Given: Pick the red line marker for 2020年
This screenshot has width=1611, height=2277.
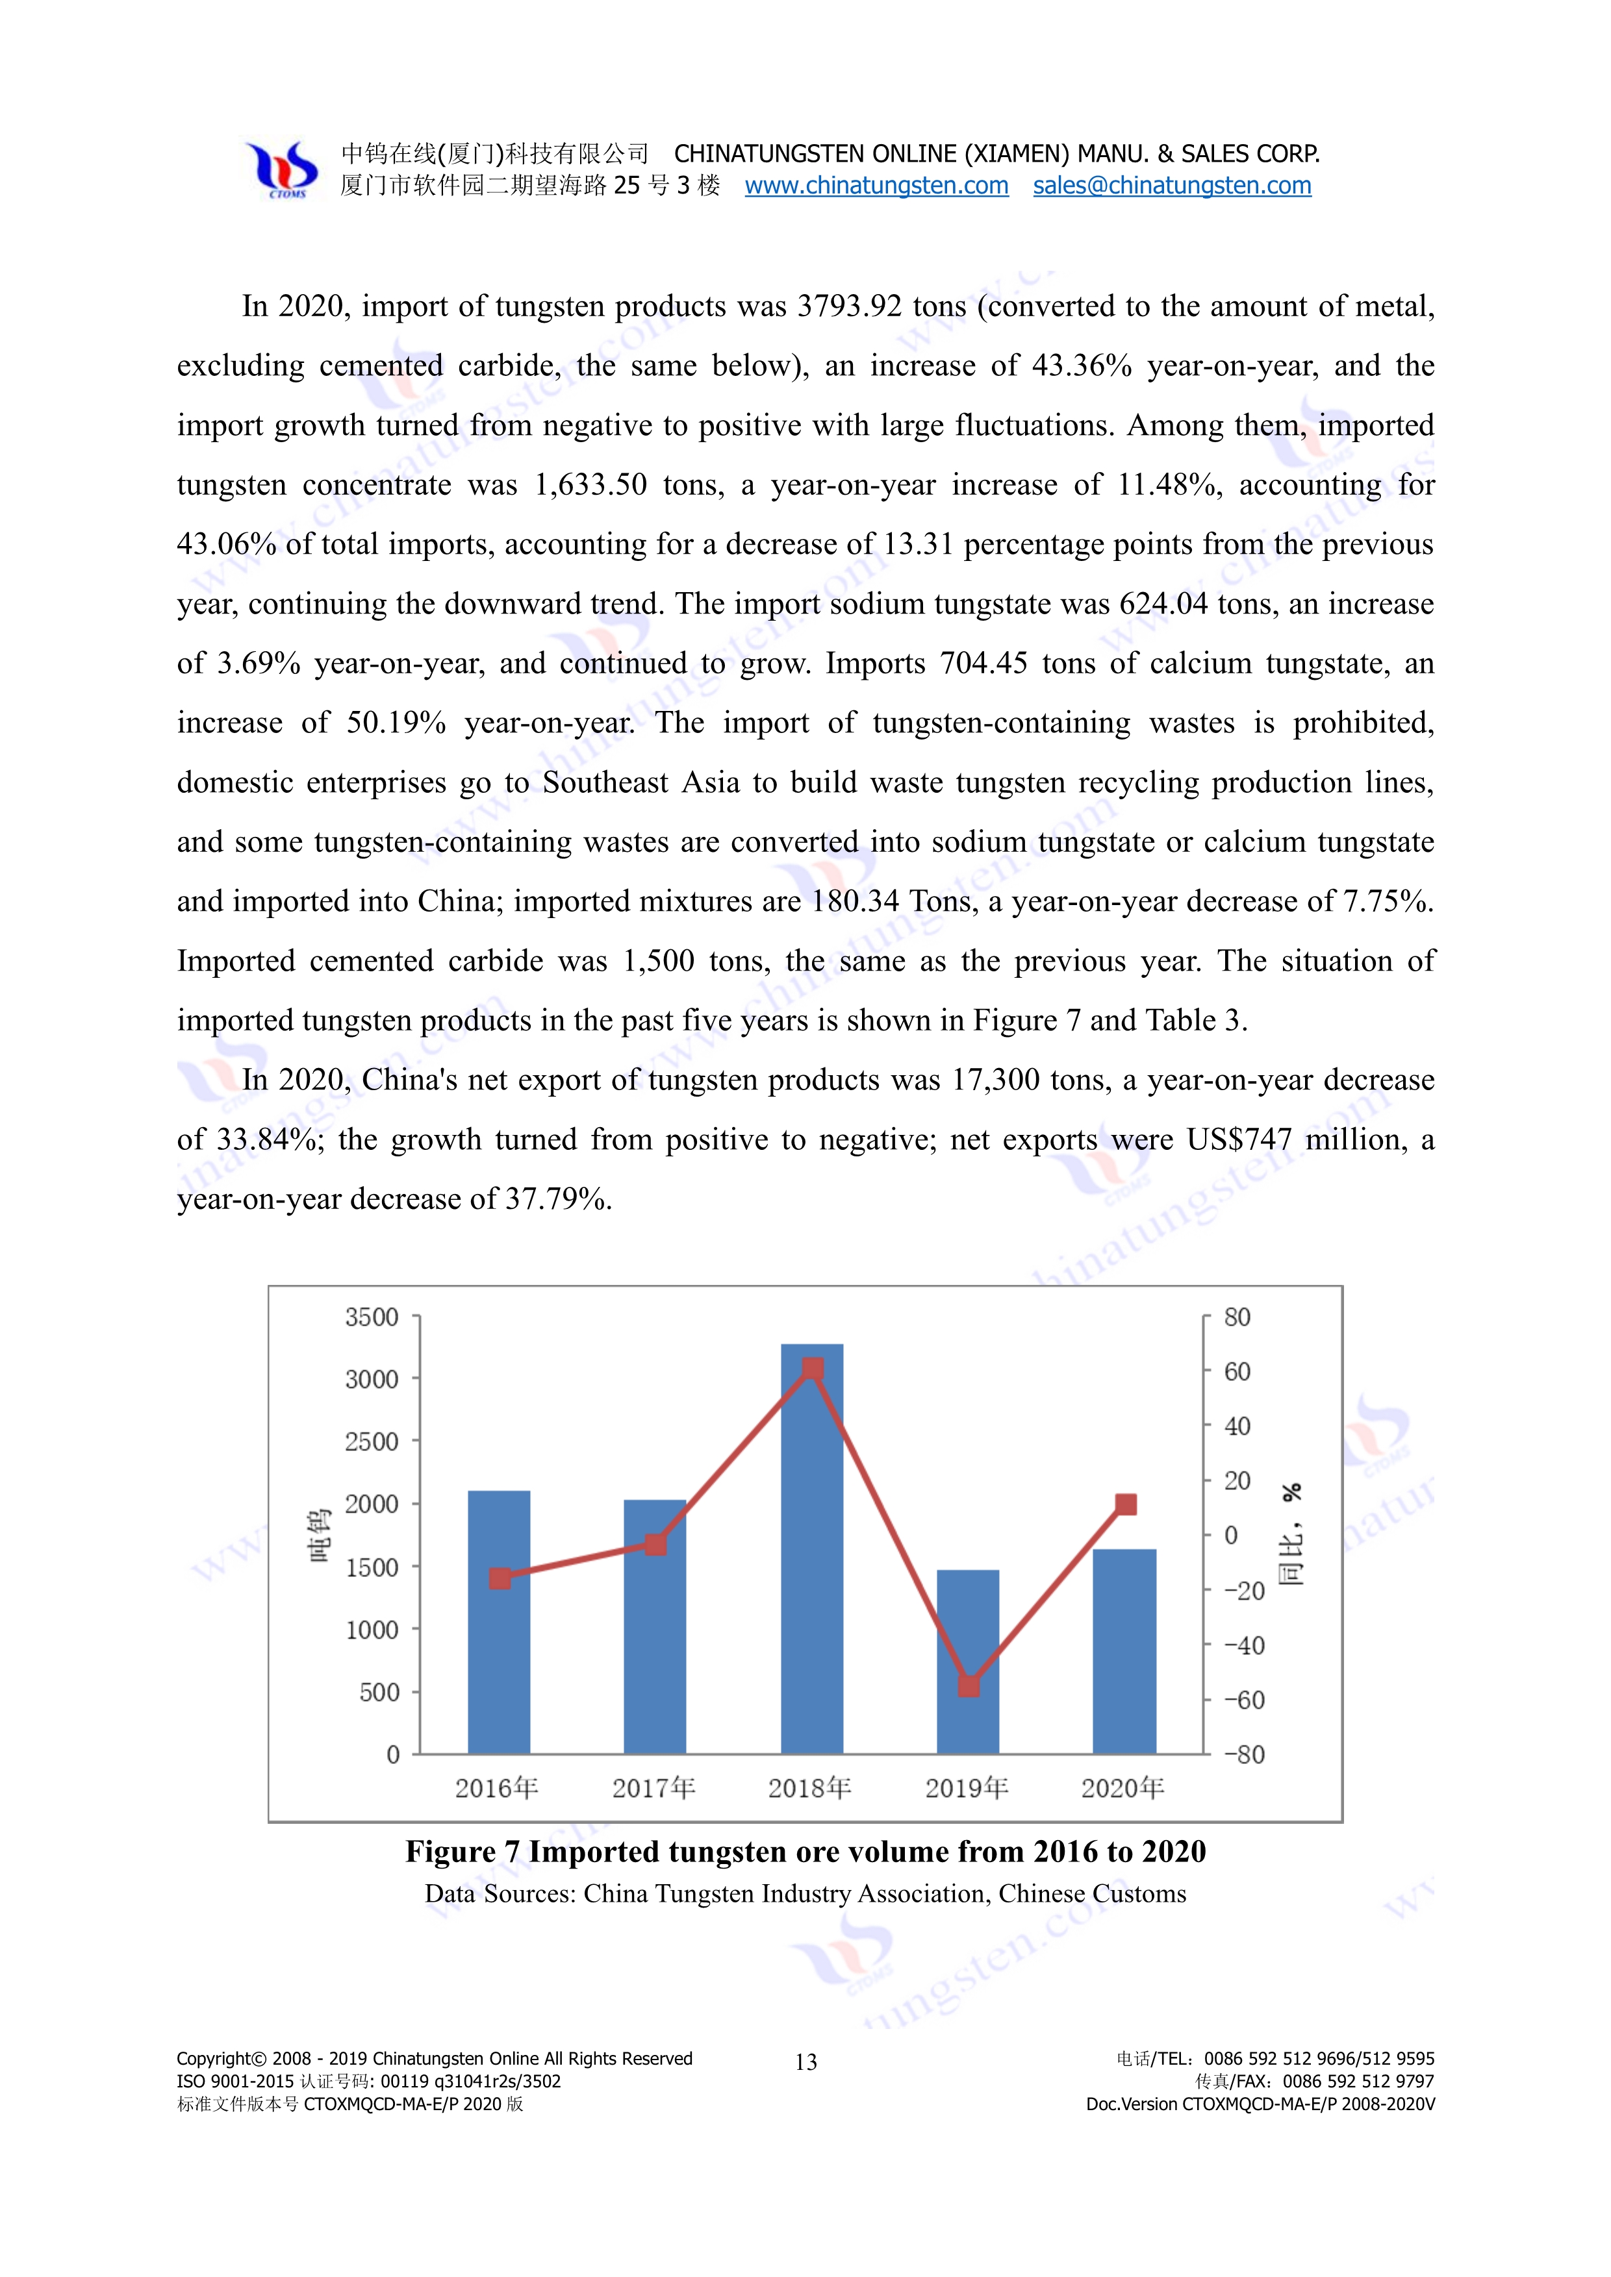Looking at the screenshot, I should [x=1125, y=1504].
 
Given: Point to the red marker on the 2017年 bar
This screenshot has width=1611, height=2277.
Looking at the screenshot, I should [x=655, y=1544].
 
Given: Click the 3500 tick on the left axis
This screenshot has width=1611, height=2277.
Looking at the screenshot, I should [x=372, y=1317].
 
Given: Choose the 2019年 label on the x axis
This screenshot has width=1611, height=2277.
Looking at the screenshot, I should [x=966, y=1788].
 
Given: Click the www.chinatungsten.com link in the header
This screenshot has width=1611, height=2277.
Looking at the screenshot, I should [x=876, y=186].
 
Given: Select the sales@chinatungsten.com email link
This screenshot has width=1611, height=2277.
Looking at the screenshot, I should [x=1171, y=186].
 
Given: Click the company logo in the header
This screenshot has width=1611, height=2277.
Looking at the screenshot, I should [x=283, y=169].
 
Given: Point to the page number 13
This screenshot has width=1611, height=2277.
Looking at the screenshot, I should [x=805, y=2063].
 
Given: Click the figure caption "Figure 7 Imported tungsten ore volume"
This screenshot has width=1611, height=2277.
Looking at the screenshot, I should [x=805, y=1852].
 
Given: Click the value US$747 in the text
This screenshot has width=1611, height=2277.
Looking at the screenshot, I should [x=1239, y=1139].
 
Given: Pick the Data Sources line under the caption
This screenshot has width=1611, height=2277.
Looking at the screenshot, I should [x=805, y=1894].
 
